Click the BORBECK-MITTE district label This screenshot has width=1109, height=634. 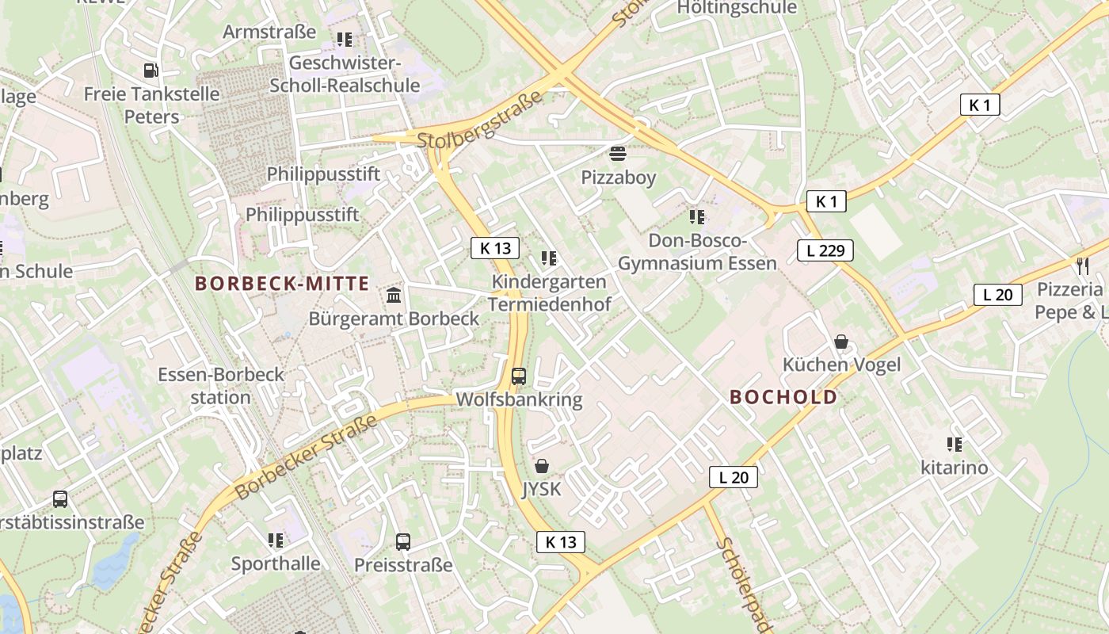282,283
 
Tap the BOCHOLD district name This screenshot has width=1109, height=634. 783,397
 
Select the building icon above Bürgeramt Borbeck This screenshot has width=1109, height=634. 394,296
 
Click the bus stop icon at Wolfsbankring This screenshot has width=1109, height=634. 519,376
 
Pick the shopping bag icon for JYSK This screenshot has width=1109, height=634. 542,466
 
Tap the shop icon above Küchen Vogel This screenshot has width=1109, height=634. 841,342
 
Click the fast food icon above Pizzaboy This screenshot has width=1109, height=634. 618,153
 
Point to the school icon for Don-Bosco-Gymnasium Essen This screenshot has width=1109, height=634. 697,216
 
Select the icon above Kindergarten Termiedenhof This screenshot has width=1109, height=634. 549,258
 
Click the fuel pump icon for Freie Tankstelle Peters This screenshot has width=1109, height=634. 151,71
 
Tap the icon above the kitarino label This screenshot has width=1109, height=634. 955,445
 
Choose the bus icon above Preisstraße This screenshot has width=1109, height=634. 403,542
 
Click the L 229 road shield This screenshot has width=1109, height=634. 825,251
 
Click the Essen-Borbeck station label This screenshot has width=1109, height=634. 220,385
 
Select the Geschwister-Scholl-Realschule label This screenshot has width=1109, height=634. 345,74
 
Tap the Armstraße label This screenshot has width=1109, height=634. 269,32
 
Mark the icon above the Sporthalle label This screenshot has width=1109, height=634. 276,540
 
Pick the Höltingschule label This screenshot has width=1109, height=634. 737,8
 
